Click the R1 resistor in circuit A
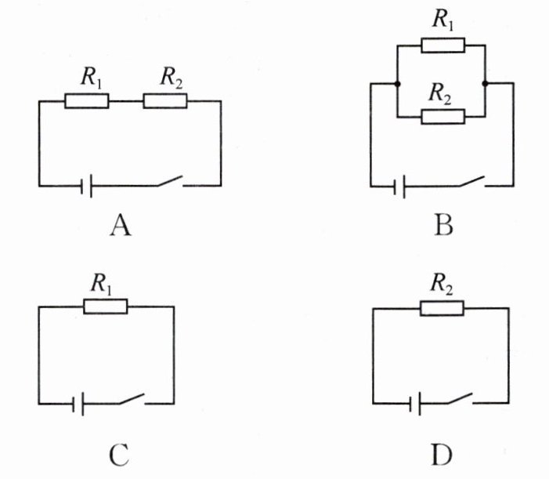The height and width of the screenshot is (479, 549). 86,101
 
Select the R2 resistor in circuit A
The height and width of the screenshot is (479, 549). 165,101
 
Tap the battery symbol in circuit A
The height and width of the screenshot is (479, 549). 88,186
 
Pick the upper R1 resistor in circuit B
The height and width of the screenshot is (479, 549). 442,45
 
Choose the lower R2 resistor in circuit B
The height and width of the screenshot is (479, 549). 442,117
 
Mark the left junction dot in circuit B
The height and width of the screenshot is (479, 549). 398,82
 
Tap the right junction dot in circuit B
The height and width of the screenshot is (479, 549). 486,82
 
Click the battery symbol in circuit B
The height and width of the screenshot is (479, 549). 400,187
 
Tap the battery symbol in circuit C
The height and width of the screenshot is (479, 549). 78,405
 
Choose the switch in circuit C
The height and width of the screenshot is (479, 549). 132,399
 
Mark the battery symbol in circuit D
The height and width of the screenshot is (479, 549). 416,405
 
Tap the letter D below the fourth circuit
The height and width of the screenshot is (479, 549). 441,453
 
